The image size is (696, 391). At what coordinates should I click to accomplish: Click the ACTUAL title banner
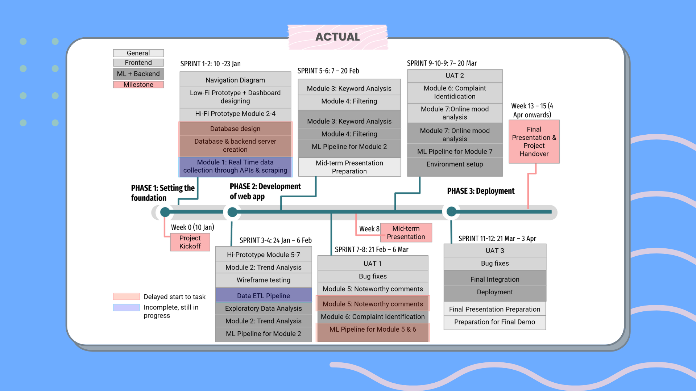point(337,37)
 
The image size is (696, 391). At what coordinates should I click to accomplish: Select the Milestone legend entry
point(138,85)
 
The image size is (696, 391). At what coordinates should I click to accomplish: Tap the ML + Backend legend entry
point(138,74)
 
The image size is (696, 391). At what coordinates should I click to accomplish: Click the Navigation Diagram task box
point(235,80)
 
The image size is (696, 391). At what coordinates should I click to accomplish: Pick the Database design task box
point(235,129)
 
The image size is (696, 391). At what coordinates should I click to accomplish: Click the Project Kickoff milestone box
point(190,242)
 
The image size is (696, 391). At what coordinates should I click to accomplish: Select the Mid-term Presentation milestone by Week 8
point(406,232)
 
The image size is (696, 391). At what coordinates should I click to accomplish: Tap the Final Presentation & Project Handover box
point(534,142)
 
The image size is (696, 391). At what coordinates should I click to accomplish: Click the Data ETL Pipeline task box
point(263,295)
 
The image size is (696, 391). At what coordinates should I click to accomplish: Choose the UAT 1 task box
point(372,264)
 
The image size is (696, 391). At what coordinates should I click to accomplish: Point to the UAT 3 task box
point(494,251)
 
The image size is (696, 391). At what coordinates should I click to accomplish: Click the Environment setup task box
point(455,164)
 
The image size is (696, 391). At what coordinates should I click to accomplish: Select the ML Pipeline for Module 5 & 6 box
point(372,329)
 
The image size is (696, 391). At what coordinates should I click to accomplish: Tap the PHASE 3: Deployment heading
point(480,191)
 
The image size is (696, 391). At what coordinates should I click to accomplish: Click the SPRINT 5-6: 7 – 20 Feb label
point(328,71)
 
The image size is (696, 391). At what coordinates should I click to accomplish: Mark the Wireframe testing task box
point(263,280)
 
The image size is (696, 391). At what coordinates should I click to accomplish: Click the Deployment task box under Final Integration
point(494,292)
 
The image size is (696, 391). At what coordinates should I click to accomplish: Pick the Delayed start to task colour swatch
point(126,297)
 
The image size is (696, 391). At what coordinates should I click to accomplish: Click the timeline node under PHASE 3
point(451,212)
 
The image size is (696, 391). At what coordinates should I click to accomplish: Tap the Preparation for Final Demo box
point(494,322)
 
